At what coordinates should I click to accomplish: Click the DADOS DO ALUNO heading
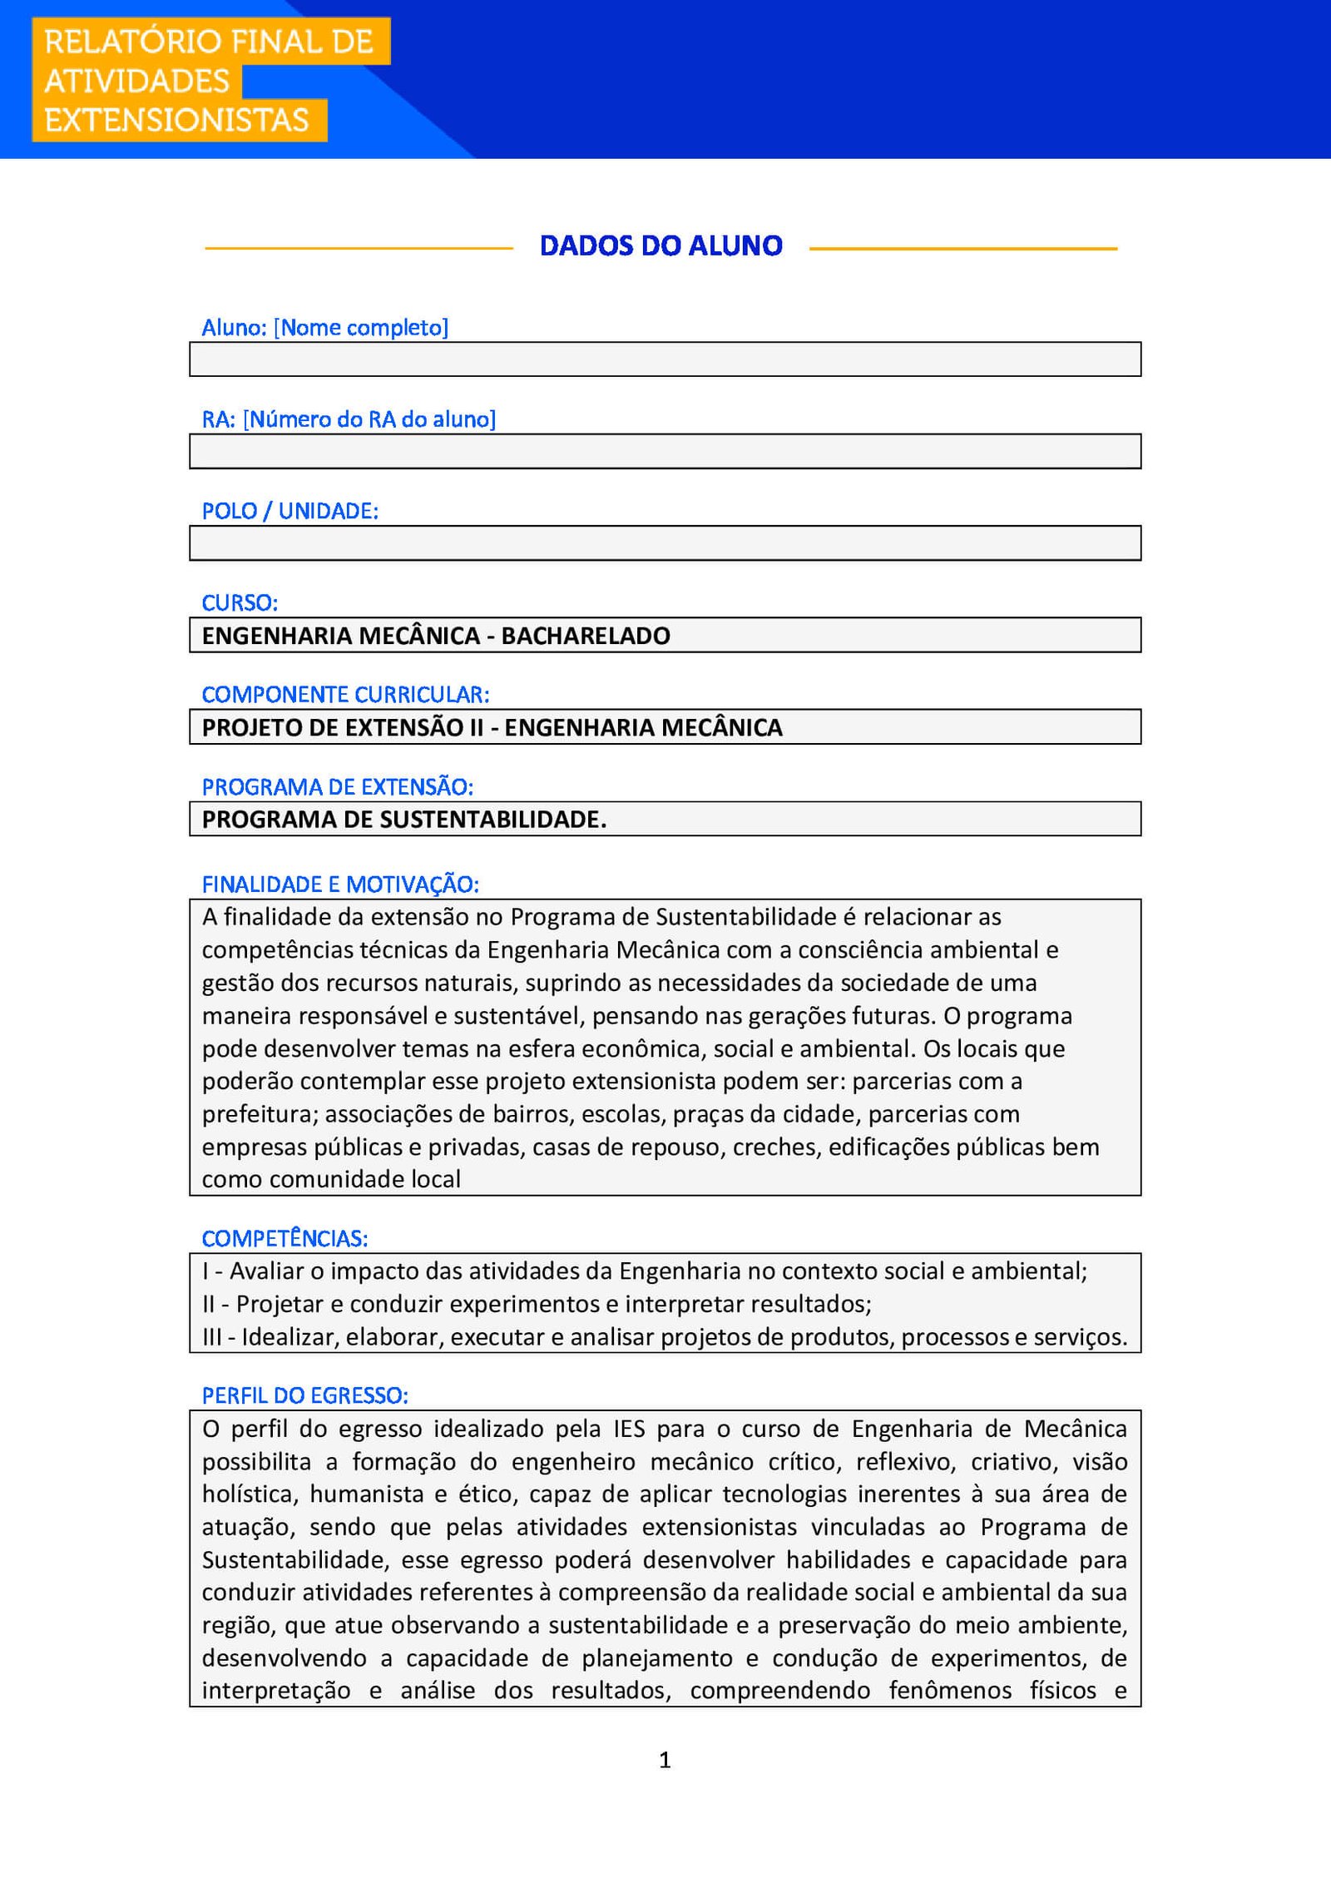coord(661,245)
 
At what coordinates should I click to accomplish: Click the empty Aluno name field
coord(665,359)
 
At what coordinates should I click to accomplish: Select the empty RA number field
coord(665,452)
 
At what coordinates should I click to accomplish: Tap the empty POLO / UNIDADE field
coord(665,543)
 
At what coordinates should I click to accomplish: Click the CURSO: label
coord(240,602)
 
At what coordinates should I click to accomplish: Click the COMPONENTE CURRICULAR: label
coord(345,694)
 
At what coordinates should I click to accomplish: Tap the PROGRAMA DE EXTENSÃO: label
coord(337,786)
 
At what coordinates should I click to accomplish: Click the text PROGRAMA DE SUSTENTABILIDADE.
coord(403,820)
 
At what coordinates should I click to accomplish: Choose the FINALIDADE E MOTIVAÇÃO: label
coord(340,885)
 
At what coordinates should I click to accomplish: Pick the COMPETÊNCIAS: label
coord(285,1238)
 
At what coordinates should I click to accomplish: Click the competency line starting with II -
coord(537,1304)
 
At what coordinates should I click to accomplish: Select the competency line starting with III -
coord(664,1337)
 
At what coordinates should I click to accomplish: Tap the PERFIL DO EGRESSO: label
coord(304,1395)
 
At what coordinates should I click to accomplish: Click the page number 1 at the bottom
coord(665,1760)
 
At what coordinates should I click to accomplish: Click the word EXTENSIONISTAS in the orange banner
coord(176,120)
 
